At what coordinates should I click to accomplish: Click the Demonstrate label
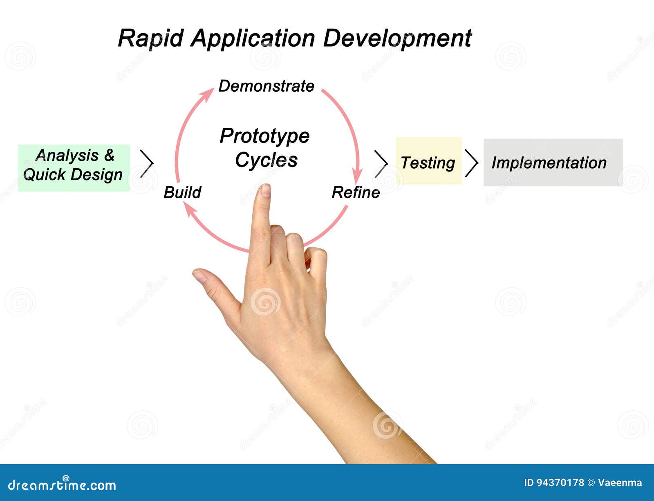pyautogui.click(x=266, y=86)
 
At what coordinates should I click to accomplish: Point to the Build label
pyautogui.click(x=182, y=192)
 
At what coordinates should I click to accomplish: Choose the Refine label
pyautogui.click(x=356, y=192)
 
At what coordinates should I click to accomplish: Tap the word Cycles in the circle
pyautogui.click(x=266, y=160)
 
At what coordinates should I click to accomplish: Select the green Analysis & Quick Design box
pyautogui.click(x=74, y=168)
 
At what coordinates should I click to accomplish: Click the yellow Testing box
pyautogui.click(x=429, y=160)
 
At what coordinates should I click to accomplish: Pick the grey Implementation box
pyautogui.click(x=553, y=162)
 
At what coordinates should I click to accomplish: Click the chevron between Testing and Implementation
pyautogui.click(x=471, y=163)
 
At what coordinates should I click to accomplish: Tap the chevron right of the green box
pyautogui.click(x=147, y=163)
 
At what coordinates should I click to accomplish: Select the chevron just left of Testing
pyautogui.click(x=381, y=164)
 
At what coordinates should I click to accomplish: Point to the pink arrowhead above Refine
pyautogui.click(x=357, y=176)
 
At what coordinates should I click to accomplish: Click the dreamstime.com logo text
pyautogui.click(x=62, y=485)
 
